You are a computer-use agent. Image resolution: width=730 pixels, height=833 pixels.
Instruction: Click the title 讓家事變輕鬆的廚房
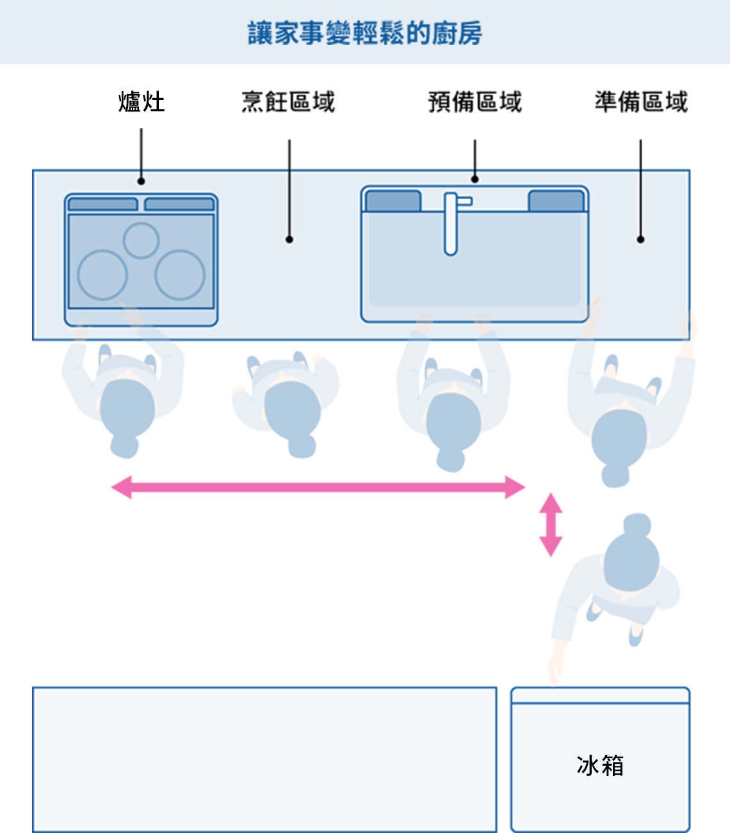pos(365,33)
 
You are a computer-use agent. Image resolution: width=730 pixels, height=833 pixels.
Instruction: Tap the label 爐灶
pos(142,102)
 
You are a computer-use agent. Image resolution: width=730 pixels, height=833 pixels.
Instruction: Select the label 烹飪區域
pos(288,102)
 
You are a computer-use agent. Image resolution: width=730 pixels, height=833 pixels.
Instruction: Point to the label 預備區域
pos(474,102)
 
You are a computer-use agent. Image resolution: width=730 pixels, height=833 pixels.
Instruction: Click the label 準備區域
pos(640,102)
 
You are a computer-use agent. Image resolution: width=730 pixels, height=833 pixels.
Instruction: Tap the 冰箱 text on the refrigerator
pos(600,765)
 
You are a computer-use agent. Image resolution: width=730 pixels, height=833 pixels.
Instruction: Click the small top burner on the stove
pos(141,240)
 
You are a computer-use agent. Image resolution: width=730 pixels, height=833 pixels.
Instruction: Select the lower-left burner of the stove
pos(102,275)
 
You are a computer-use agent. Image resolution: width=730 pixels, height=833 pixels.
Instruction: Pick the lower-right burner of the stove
pos(180,275)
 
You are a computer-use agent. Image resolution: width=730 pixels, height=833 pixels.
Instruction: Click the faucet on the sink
pos(451,223)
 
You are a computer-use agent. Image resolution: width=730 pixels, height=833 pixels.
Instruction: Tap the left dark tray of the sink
pos(393,201)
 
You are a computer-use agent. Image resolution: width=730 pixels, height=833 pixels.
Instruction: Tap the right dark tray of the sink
pos(556,201)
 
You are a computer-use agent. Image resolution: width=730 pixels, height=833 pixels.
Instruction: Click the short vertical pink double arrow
pos(551,524)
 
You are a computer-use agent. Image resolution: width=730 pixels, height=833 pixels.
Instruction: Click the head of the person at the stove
pos(127,408)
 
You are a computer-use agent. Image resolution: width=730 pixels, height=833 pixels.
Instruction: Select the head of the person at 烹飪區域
pos(292,410)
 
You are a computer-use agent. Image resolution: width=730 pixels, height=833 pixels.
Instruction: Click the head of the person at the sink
pos(453,422)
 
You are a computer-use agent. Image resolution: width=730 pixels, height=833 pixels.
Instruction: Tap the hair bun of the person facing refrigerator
pos(637,525)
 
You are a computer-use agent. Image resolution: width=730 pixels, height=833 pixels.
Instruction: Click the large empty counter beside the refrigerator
pos(264,759)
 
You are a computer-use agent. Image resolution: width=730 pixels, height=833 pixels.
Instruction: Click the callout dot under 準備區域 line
pos(640,239)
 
